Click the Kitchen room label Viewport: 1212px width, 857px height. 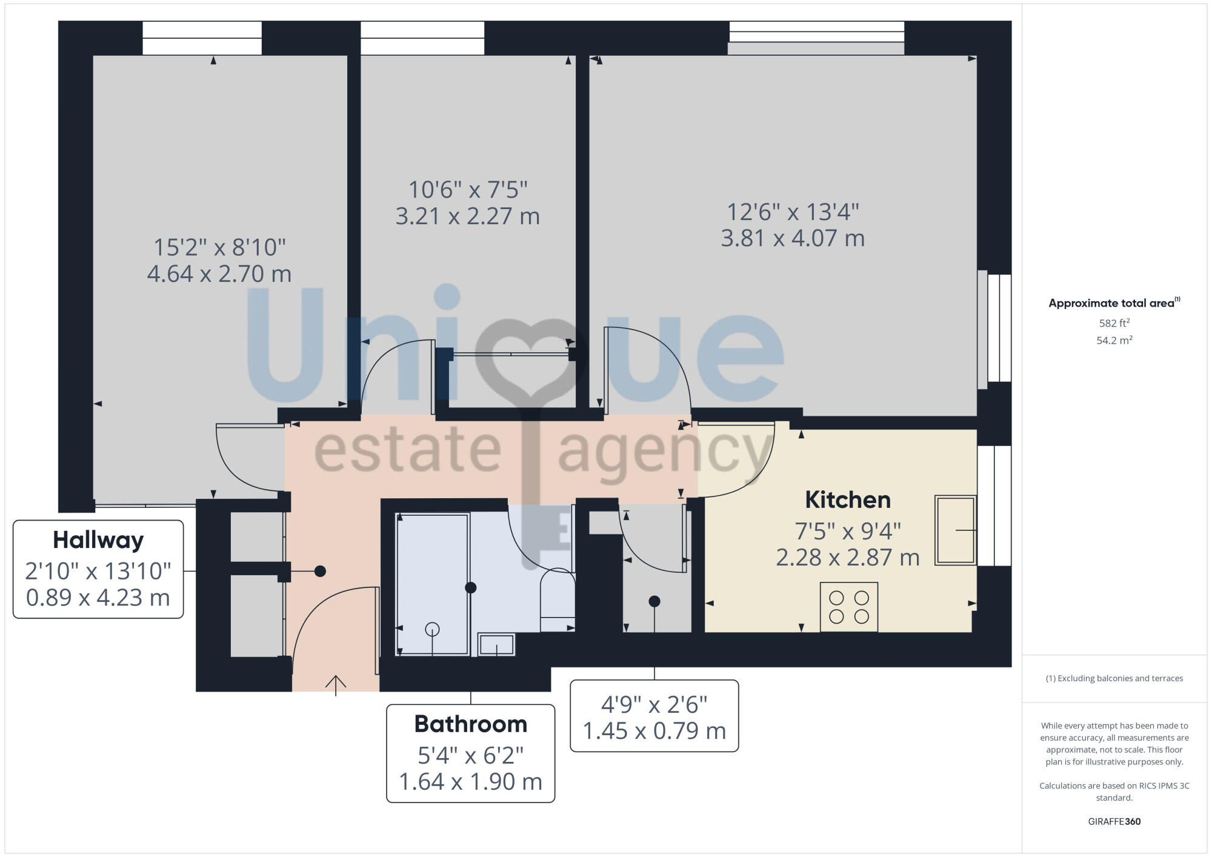pos(848,500)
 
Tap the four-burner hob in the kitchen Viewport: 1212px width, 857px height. pos(848,607)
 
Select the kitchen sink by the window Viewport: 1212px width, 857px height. pos(955,530)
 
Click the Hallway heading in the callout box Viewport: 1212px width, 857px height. pos(98,540)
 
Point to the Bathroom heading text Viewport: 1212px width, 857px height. pos(470,724)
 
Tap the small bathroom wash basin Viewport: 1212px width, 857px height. pos(496,645)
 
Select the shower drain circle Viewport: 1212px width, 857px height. pos(432,629)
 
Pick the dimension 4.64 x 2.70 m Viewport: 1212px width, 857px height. pos(219,274)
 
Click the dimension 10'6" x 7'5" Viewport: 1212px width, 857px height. pos(468,190)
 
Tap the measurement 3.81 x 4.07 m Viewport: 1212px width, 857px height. pos(793,238)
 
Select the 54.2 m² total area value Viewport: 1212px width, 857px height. pos(1114,341)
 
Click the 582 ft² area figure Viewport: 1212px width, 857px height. pos(1114,323)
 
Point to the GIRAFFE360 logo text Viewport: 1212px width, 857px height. pos(1114,822)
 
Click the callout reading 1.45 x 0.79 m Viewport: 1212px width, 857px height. pos(654,731)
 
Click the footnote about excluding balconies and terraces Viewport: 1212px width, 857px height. pos(1114,678)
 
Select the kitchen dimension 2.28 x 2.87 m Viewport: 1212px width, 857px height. pos(848,558)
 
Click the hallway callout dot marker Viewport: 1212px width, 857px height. pos(320,571)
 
